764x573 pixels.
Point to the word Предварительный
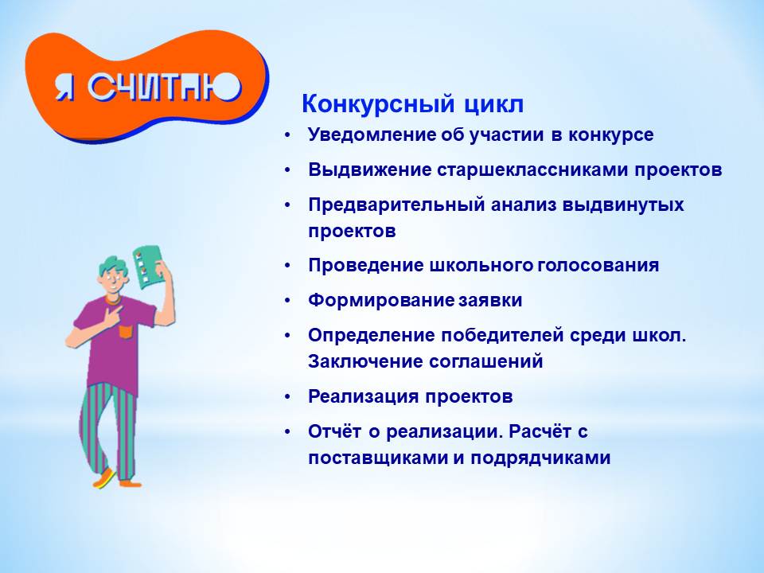coord(396,205)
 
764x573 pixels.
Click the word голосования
coord(598,266)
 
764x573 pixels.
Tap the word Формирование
coord(381,301)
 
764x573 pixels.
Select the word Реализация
coord(363,397)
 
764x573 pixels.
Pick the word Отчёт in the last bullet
coord(335,431)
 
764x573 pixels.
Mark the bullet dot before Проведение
coord(287,266)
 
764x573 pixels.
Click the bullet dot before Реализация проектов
coord(287,397)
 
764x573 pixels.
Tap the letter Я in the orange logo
coord(64,88)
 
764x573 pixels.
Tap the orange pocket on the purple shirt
coord(126,332)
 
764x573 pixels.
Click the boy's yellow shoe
coord(104,478)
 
